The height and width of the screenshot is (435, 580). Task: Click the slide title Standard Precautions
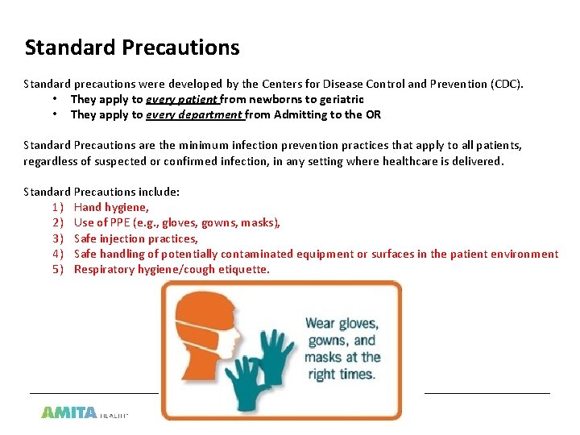pos(132,48)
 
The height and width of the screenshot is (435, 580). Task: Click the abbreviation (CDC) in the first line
pos(507,84)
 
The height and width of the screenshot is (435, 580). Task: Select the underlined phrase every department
pos(194,114)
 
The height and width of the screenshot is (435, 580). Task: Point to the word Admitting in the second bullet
pos(300,114)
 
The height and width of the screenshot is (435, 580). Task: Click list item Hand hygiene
pos(111,207)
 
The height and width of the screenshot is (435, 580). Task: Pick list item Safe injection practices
pos(135,238)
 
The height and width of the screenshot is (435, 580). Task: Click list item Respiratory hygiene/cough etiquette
pos(172,269)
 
